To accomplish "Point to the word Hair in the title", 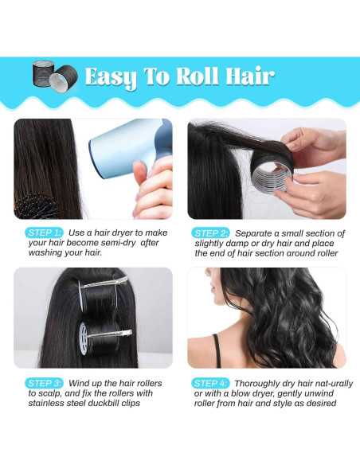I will pyautogui.click(x=248, y=76).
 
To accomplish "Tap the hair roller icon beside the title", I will pyautogui.click(x=53, y=77).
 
